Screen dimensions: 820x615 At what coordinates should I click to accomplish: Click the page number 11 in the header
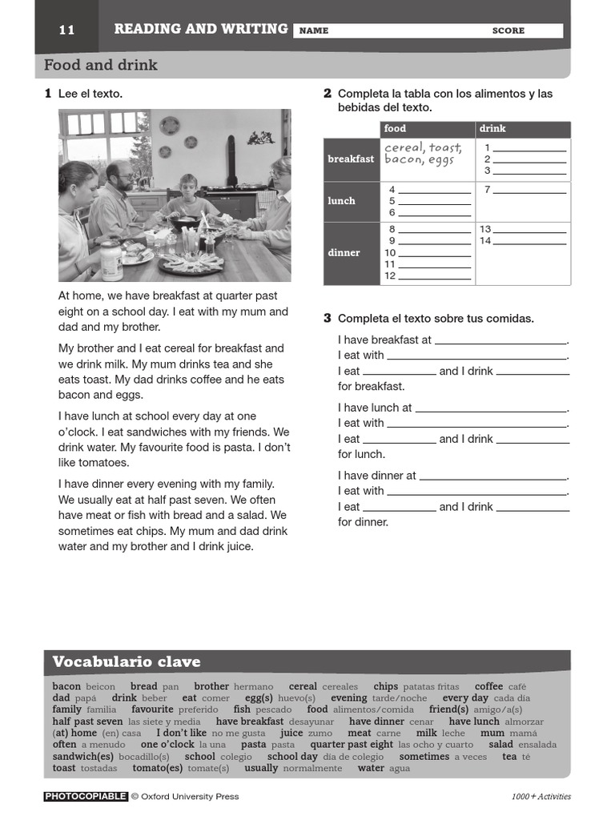(66, 30)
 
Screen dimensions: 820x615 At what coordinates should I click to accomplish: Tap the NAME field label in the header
(313, 31)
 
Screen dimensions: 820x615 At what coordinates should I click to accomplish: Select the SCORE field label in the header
(508, 31)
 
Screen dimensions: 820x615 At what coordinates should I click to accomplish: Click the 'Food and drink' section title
(101, 65)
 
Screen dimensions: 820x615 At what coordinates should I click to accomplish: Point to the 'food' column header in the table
(395, 129)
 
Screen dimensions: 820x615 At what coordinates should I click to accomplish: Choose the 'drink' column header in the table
(492, 129)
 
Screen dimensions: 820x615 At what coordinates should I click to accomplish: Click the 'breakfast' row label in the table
(351, 159)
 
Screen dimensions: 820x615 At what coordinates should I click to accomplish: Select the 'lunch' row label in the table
(341, 201)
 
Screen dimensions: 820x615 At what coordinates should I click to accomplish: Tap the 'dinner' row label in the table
(344, 253)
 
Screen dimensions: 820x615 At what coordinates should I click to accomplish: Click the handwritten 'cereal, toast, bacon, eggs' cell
(423, 154)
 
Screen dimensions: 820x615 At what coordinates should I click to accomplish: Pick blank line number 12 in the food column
(434, 277)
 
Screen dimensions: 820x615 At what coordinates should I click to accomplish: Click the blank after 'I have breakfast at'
(500, 341)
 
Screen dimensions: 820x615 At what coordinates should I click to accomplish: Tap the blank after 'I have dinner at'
(492, 477)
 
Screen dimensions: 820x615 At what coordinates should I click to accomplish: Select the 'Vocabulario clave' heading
(127, 662)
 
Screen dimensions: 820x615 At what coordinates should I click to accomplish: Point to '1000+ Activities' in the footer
(541, 797)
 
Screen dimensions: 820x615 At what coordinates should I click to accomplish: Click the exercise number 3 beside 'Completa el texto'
(328, 319)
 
